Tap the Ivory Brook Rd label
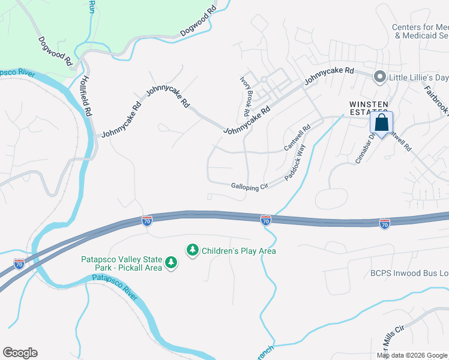point(245,96)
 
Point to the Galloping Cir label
point(249,187)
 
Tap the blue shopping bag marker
point(381,123)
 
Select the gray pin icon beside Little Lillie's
point(379,77)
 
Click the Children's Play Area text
point(239,251)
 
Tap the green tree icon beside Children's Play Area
point(193,250)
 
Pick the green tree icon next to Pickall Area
point(172,263)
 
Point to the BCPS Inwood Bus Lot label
point(409,274)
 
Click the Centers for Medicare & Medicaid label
point(420,31)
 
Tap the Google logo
point(20,353)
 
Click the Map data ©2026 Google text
point(412,355)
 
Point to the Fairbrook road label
point(436,99)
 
